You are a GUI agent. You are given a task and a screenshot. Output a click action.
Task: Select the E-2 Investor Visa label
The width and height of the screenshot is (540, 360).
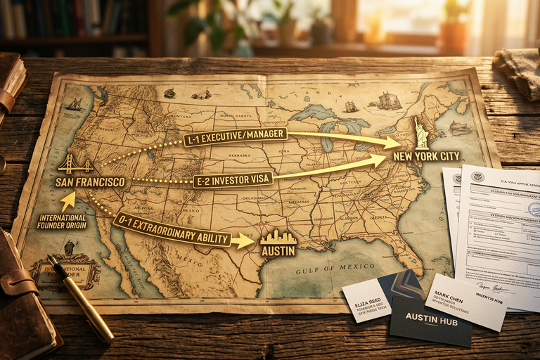(233, 181)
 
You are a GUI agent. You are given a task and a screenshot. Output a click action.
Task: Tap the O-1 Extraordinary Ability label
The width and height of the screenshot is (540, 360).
(172, 229)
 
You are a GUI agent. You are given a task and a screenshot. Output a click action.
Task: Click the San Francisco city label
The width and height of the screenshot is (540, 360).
(90, 182)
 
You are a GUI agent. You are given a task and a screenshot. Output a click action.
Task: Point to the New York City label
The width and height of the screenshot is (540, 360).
(427, 155)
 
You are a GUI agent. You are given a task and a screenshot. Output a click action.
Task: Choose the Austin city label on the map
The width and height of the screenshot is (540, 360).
(278, 250)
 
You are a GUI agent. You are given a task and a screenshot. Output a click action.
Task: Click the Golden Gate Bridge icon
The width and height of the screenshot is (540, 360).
(76, 165)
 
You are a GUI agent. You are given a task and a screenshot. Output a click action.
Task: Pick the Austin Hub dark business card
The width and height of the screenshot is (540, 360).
(430, 320)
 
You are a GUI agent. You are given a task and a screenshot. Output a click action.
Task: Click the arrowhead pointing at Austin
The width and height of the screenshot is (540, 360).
(245, 241)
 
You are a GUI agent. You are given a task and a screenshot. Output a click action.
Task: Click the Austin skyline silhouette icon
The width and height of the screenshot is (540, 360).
(278, 236)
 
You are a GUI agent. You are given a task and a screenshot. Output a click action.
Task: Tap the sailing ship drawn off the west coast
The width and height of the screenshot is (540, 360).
(74, 104)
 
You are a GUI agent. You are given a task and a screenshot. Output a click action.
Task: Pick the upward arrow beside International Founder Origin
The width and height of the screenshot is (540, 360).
(67, 202)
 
